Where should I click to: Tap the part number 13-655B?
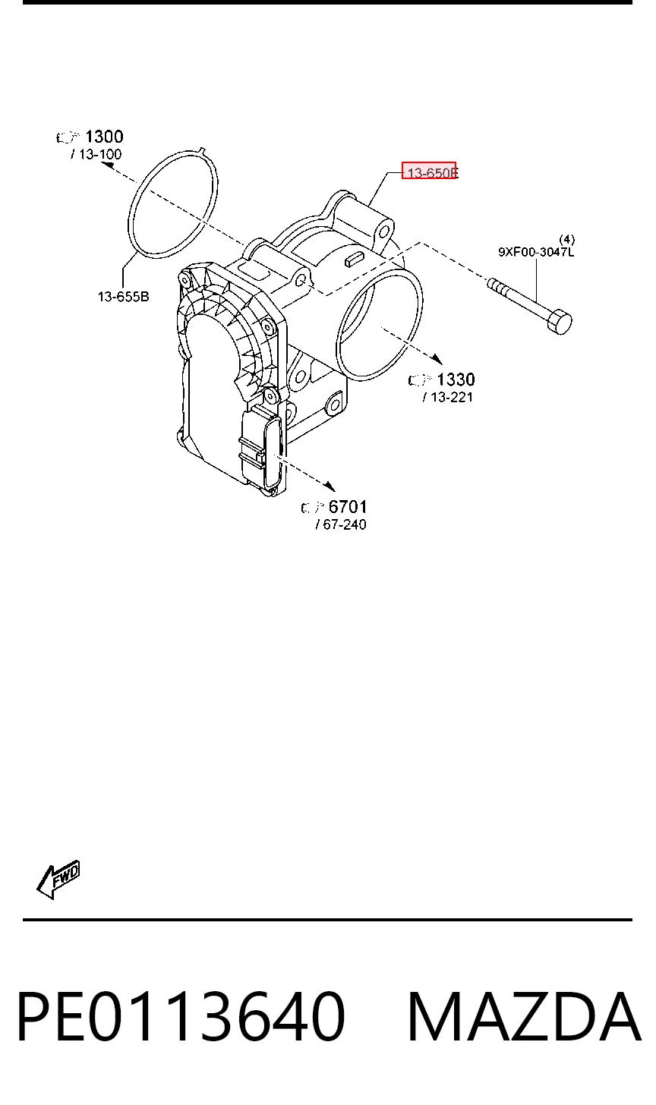[x=124, y=297]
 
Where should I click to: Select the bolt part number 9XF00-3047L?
[x=536, y=252]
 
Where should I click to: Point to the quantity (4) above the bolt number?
[x=566, y=240]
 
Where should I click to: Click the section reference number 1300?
[x=104, y=136]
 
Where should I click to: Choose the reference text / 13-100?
[x=96, y=154]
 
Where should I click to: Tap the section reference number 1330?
[x=456, y=379]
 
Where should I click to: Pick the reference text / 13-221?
[x=448, y=397]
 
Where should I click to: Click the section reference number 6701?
[x=348, y=507]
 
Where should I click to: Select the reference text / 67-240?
[x=341, y=524]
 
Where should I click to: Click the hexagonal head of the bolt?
[x=560, y=322]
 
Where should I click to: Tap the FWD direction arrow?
[x=58, y=880]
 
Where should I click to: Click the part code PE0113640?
[x=181, y=1017]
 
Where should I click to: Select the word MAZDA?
[x=524, y=1017]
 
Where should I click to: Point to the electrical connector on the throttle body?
[x=263, y=450]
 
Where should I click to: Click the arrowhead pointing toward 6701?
[x=330, y=486]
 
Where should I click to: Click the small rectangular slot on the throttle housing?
[x=355, y=259]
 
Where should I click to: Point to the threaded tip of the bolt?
[x=497, y=285]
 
